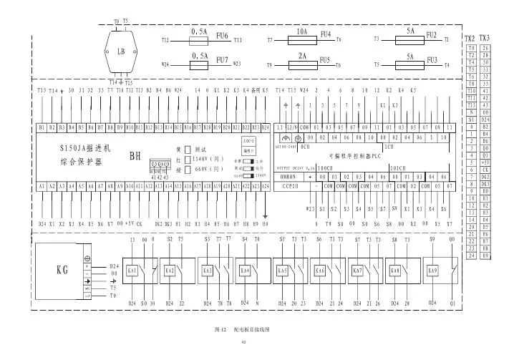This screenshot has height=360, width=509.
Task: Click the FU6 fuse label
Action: coord(221,36)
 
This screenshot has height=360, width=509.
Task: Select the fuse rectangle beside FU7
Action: coord(200,63)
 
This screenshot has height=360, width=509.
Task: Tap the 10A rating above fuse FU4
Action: coord(301,33)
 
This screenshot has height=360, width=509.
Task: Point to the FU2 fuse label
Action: coord(431,34)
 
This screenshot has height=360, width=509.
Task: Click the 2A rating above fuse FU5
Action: coord(302,56)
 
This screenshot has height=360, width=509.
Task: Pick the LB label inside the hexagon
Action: coord(121,52)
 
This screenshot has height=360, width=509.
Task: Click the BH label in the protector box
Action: coord(135,155)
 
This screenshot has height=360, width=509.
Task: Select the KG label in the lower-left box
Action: coord(63,271)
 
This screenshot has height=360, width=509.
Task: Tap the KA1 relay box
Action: coord(132,272)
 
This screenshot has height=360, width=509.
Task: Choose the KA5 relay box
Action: coord(282,272)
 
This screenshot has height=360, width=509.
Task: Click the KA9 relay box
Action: coord(432,272)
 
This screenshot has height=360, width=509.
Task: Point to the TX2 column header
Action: coord(470,38)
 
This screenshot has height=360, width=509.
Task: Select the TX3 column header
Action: coord(485,38)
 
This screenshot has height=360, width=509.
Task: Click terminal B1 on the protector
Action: coord(42,127)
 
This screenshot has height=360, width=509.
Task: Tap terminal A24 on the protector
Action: coord(266,186)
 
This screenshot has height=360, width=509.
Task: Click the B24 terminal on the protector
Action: coord(266,127)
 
